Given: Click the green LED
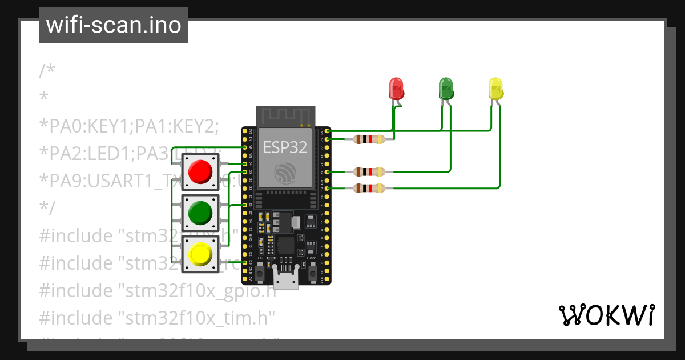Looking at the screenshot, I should point(446,89).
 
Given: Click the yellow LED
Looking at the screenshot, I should point(495,89).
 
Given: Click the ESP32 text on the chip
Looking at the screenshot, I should point(285,147).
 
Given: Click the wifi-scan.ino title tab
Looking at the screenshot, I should point(113,25).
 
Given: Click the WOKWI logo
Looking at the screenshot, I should point(606,315).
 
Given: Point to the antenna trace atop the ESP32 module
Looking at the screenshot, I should point(285,117).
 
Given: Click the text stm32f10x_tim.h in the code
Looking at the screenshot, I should point(197,316).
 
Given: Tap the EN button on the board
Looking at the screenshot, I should point(260,274).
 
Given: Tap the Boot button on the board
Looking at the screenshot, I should point(313,274).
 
